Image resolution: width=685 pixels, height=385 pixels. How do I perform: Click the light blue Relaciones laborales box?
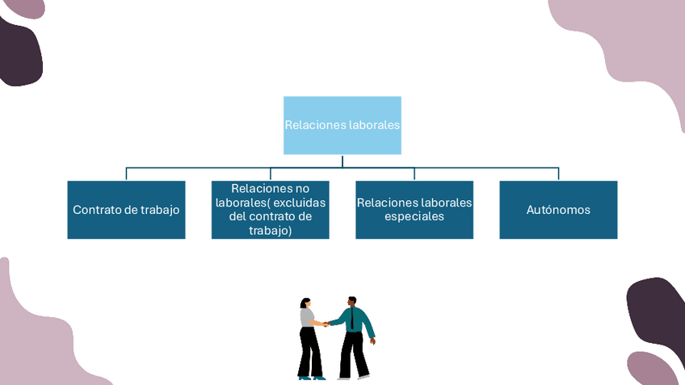click(342, 125)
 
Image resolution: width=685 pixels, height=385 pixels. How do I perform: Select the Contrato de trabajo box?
click(126, 209)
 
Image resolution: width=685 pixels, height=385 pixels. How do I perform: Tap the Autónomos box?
click(558, 209)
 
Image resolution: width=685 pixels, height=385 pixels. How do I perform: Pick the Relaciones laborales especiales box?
click(414, 209)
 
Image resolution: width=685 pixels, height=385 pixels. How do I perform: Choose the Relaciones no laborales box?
click(270, 209)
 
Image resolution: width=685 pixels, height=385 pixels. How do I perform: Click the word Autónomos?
click(558, 210)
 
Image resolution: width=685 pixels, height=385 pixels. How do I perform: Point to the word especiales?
click(414, 216)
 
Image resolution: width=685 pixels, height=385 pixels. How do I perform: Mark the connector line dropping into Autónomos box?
click(558, 174)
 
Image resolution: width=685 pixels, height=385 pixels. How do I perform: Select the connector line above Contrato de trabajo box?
click(126, 174)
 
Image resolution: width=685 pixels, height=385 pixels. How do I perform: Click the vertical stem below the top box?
click(342, 161)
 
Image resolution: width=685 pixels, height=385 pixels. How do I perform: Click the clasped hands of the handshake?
click(326, 324)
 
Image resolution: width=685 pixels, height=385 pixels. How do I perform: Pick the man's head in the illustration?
click(351, 301)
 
